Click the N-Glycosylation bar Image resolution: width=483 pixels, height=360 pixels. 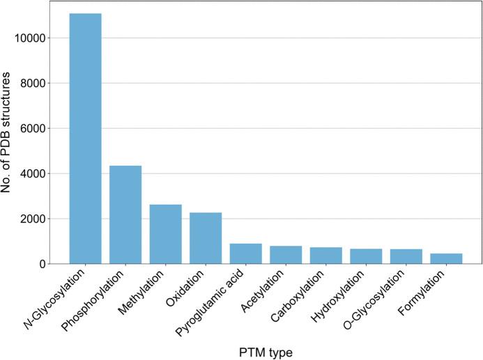point(85,139)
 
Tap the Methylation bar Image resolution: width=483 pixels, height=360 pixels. point(165,234)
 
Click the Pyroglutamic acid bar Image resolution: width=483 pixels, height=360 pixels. point(245,253)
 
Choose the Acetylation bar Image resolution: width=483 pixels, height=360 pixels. point(286,255)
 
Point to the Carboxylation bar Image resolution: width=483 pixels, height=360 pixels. point(325,256)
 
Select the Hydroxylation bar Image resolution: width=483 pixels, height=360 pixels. point(366,256)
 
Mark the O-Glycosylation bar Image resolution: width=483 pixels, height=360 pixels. point(406,256)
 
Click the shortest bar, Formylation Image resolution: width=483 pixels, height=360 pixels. point(446,258)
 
